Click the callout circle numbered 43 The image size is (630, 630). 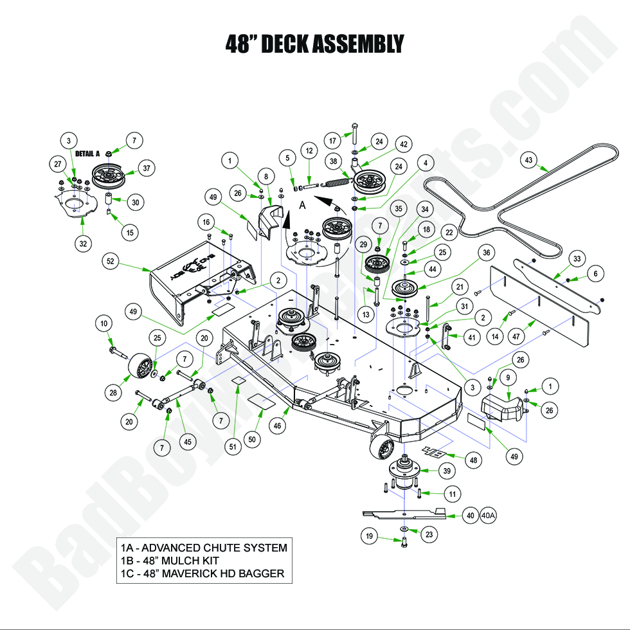pyautogui.click(x=528, y=159)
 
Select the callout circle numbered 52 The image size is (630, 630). pyautogui.click(x=111, y=261)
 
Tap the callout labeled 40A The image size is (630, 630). pyautogui.click(x=489, y=515)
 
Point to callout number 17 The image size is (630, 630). pyautogui.click(x=332, y=140)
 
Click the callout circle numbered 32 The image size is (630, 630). pyautogui.click(x=85, y=243)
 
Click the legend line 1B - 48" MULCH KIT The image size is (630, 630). pyautogui.click(x=174, y=561)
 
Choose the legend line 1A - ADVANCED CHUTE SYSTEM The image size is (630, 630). pyautogui.click(x=204, y=548)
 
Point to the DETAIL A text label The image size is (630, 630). pyautogui.click(x=88, y=154)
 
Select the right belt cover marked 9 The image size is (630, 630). pyautogui.click(x=505, y=406)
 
